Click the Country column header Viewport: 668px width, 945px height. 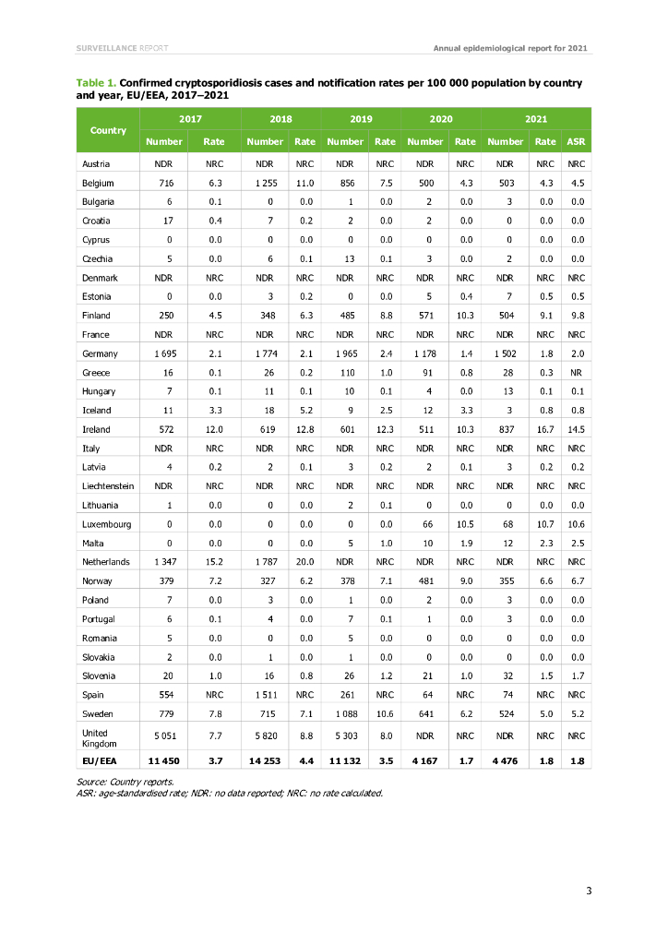[108, 130]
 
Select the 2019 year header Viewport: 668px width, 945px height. [361, 119]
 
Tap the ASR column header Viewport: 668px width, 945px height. [577, 141]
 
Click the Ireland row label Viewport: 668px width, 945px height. [96, 430]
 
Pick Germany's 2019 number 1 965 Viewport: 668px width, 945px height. [345, 354]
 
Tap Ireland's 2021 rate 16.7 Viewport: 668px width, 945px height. [545, 430]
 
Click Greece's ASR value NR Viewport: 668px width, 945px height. [577, 373]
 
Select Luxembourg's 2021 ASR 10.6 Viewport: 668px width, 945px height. [577, 523]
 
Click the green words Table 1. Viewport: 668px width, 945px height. [95, 83]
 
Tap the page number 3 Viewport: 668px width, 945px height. [588, 890]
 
